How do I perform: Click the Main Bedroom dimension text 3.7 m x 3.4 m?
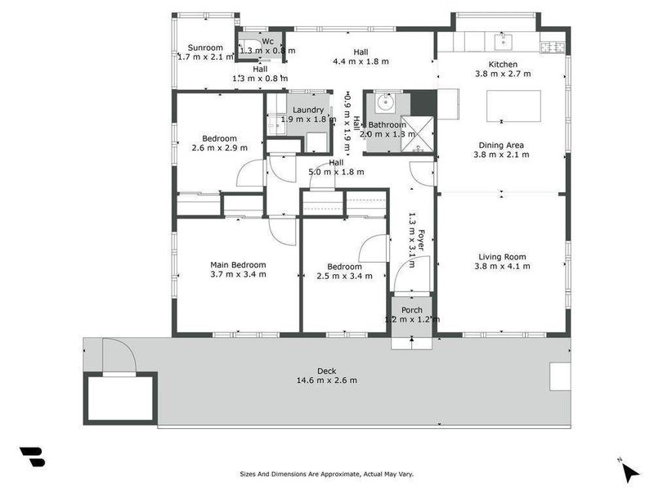click(238, 275)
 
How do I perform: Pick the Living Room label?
click(502, 257)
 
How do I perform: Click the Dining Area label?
click(501, 146)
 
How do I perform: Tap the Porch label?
click(412, 310)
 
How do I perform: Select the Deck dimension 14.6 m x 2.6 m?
click(326, 380)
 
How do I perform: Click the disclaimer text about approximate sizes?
click(326, 473)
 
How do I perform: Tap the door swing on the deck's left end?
click(118, 356)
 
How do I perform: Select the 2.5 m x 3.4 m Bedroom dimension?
click(344, 277)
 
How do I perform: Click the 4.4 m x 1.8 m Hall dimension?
click(361, 61)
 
